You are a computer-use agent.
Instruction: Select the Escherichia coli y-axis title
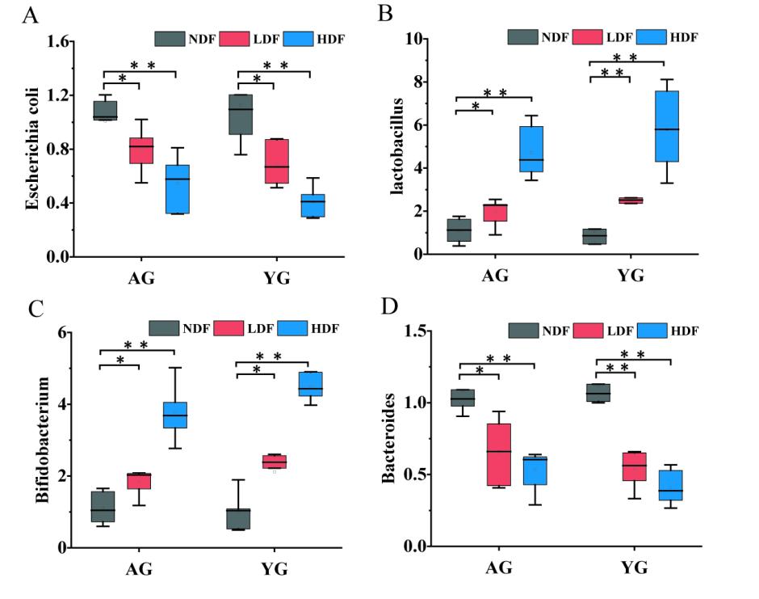(x=31, y=149)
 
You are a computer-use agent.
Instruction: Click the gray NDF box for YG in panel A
(x=240, y=114)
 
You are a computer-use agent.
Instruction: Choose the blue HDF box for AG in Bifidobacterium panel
(x=175, y=415)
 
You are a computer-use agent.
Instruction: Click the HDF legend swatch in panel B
(x=651, y=36)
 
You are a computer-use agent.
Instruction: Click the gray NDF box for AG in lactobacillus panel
(x=459, y=230)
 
